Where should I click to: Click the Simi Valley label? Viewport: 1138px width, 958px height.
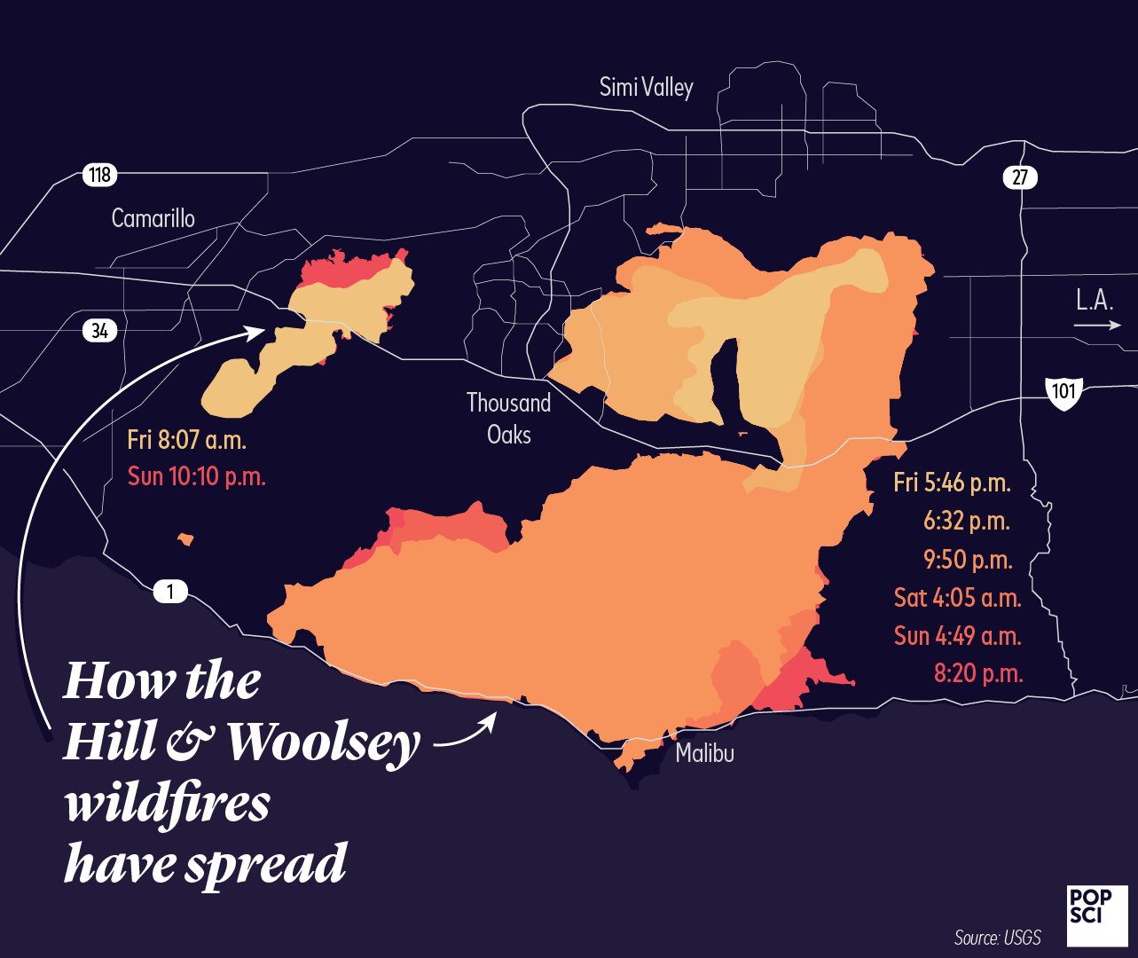(646, 87)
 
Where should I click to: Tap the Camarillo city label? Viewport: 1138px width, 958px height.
(153, 218)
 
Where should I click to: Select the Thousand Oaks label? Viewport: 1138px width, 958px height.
(508, 419)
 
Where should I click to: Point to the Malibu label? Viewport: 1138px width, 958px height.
(704, 754)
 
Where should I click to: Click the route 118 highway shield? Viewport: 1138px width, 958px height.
(99, 175)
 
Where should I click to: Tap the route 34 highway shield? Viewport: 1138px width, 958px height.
(99, 331)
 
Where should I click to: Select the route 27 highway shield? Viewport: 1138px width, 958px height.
(1020, 177)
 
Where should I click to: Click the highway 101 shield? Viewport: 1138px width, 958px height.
(1063, 392)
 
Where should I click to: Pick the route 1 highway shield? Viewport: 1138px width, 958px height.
(170, 591)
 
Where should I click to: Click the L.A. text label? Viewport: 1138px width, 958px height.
(1095, 300)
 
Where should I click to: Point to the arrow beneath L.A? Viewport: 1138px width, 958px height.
(1097, 326)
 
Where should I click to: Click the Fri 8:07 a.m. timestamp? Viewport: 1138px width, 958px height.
(186, 440)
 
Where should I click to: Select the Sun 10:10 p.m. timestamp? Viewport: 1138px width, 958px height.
(196, 476)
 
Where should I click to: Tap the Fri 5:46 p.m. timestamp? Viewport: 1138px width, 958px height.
(952, 483)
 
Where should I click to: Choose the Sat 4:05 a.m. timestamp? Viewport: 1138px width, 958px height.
(957, 598)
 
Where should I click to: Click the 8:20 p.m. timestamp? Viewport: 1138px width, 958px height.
(977, 673)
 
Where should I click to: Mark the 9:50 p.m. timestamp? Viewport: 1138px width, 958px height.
(967, 560)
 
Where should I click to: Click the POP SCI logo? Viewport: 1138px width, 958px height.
(1097, 914)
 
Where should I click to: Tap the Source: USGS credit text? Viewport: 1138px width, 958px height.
(997, 938)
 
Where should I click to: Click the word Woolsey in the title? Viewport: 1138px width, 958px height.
(323, 742)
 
